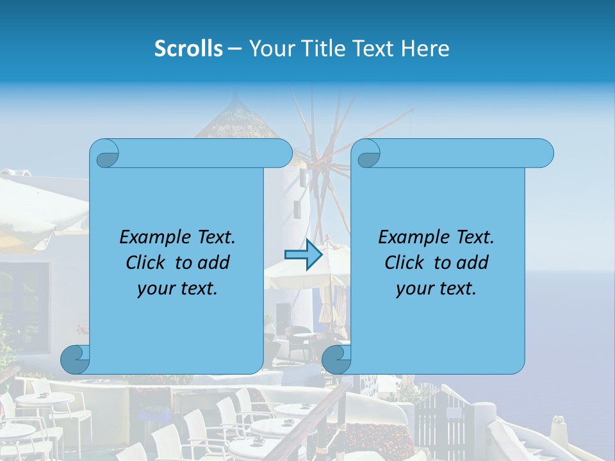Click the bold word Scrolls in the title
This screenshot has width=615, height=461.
click(x=188, y=49)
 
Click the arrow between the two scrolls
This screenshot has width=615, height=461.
click(x=302, y=255)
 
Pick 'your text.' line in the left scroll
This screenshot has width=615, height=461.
click(x=177, y=289)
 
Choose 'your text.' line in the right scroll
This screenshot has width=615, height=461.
click(x=436, y=289)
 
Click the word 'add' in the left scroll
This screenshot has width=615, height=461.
click(x=214, y=263)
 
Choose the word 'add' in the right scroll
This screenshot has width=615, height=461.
click(x=473, y=263)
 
